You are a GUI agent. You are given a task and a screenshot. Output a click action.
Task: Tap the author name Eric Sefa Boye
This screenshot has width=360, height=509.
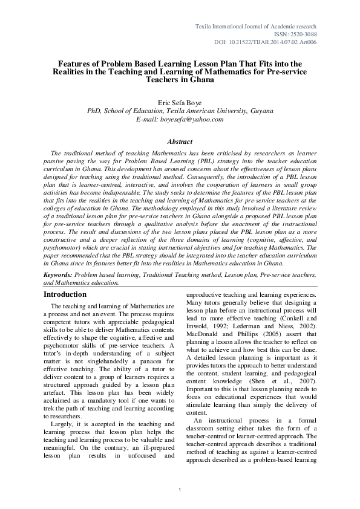[180, 103]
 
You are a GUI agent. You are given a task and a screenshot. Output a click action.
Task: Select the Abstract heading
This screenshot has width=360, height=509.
[180, 141]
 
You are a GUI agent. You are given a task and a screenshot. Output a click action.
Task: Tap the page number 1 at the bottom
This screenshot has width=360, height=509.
[180, 488]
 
